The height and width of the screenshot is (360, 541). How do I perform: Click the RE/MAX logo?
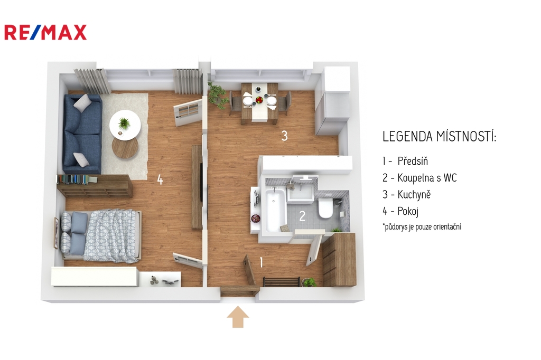tap(45, 32)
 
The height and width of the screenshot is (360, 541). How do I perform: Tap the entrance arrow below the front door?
tap(238, 317)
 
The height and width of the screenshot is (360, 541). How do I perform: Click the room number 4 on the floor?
tap(160, 179)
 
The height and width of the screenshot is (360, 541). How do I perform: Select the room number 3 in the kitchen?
tap(284, 136)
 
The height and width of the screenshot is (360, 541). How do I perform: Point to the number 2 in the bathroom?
tap(302, 216)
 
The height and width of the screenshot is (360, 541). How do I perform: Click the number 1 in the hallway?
tap(261, 262)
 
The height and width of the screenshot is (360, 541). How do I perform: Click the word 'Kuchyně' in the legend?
tap(414, 194)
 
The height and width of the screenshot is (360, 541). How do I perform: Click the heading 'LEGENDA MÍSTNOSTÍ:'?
tap(439, 137)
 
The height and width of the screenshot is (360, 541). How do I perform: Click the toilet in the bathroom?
tap(325, 207)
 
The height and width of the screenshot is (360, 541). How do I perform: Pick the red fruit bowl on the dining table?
tap(259, 100)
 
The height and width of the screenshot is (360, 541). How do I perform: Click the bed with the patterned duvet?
tap(101, 236)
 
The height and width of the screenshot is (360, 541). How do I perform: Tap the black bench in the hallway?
tap(281, 282)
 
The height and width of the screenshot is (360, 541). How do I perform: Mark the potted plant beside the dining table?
tap(217, 94)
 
